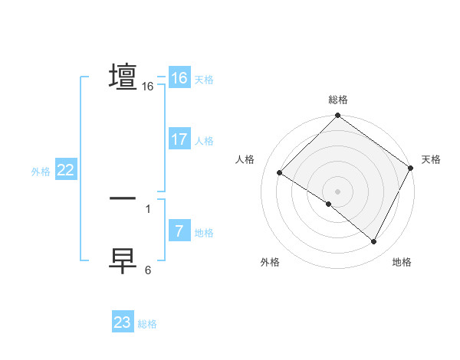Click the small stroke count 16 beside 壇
click(148, 87)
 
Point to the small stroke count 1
click(148, 208)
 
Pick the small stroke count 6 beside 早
click(148, 270)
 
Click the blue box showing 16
click(179, 78)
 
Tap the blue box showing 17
click(179, 139)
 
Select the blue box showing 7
click(179, 231)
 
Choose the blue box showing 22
click(65, 171)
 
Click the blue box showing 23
click(123, 322)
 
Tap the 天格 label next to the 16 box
click(204, 80)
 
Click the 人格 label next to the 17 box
click(204, 141)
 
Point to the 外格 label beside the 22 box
click(41, 172)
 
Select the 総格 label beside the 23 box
click(148, 324)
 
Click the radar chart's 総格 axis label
click(338, 100)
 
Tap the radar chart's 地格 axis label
click(402, 263)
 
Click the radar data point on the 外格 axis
click(329, 205)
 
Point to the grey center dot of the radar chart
click(338, 191)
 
